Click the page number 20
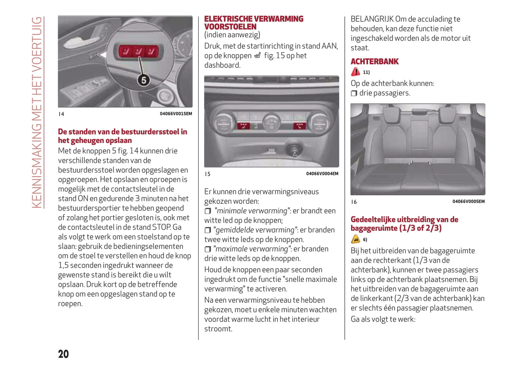pyautogui.click(x=63, y=354)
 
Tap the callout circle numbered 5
pyautogui.click(x=143, y=80)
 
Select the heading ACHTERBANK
pyautogui.click(x=374, y=62)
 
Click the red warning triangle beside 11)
pyautogui.click(x=355, y=72)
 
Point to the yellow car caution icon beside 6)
pyautogui.click(x=355, y=239)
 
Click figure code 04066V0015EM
pyautogui.click(x=176, y=114)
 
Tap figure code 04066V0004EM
pyautogui.click(x=322, y=174)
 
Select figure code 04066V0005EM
pyautogui.click(x=468, y=202)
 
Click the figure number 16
pyautogui.click(x=354, y=202)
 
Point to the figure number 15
pyautogui.click(x=208, y=174)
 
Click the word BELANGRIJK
pyautogui.click(x=372, y=19)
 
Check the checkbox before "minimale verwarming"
pyautogui.click(x=208, y=211)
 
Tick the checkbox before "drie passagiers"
pyautogui.click(x=354, y=93)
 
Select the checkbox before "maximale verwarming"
pyautogui.click(x=208, y=249)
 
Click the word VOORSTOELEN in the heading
pyautogui.click(x=230, y=27)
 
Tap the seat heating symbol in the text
pyautogui.click(x=257, y=56)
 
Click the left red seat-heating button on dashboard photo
pyautogui.click(x=243, y=126)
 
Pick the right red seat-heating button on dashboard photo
pyautogui.click(x=299, y=126)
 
